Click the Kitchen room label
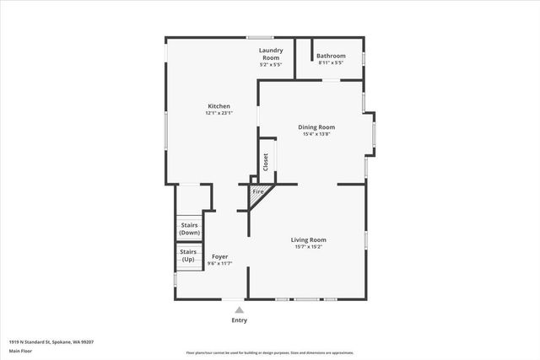(219, 106)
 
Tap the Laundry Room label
(270, 54)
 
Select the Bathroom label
(331, 56)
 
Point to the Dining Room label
(316, 127)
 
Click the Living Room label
(309, 240)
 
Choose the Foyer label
(219, 257)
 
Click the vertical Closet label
(266, 162)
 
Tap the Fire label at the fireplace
(258, 192)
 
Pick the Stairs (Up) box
(188, 255)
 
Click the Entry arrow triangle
(240, 310)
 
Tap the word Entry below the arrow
(240, 320)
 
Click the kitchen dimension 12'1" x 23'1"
(219, 113)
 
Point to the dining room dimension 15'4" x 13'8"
(316, 134)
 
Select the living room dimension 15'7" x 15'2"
(309, 247)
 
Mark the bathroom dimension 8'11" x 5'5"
(331, 63)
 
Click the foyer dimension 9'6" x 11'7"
(219, 264)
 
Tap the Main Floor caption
(20, 350)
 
